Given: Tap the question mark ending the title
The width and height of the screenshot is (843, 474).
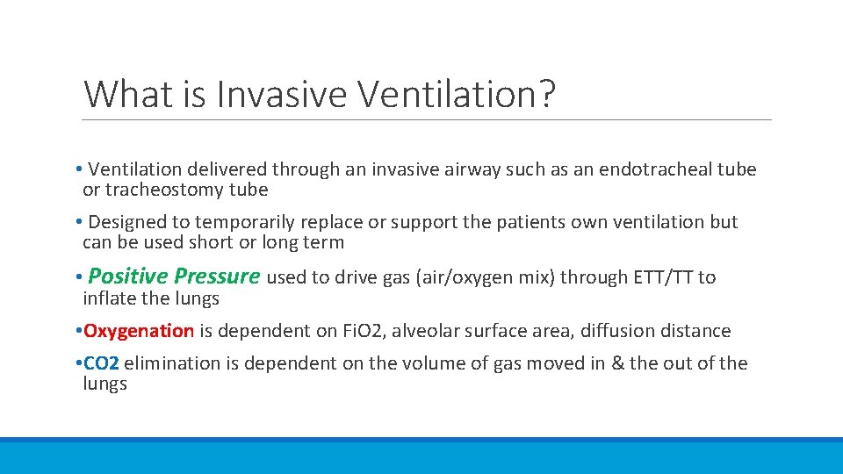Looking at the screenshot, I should [547, 94].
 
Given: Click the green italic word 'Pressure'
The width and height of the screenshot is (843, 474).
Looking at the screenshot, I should [216, 276].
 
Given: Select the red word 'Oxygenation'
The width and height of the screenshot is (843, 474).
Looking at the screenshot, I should [139, 331].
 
